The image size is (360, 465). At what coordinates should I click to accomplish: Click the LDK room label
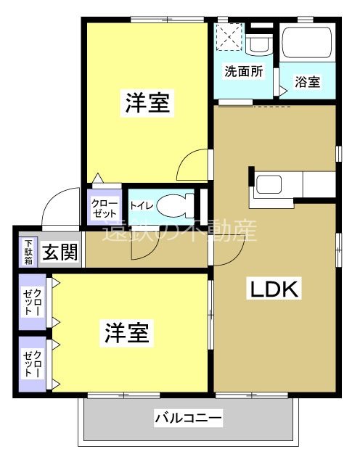[x=275, y=289]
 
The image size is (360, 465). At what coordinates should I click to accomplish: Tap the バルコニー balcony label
[x=188, y=419]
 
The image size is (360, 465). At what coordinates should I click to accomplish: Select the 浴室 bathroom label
[x=307, y=82]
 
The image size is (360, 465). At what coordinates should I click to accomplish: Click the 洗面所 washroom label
[x=243, y=72]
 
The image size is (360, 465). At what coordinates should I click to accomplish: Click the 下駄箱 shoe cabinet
[x=28, y=252]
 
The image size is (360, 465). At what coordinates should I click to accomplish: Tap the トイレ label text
[x=141, y=205]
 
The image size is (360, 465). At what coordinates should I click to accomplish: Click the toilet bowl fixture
[x=173, y=205]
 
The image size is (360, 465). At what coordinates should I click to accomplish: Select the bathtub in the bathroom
[x=308, y=43]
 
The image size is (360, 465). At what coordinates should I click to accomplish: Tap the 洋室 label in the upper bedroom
[x=147, y=104]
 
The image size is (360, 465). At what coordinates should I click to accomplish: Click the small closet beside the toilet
[x=105, y=208]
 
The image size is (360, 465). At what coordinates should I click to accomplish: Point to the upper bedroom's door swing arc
[x=192, y=164]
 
